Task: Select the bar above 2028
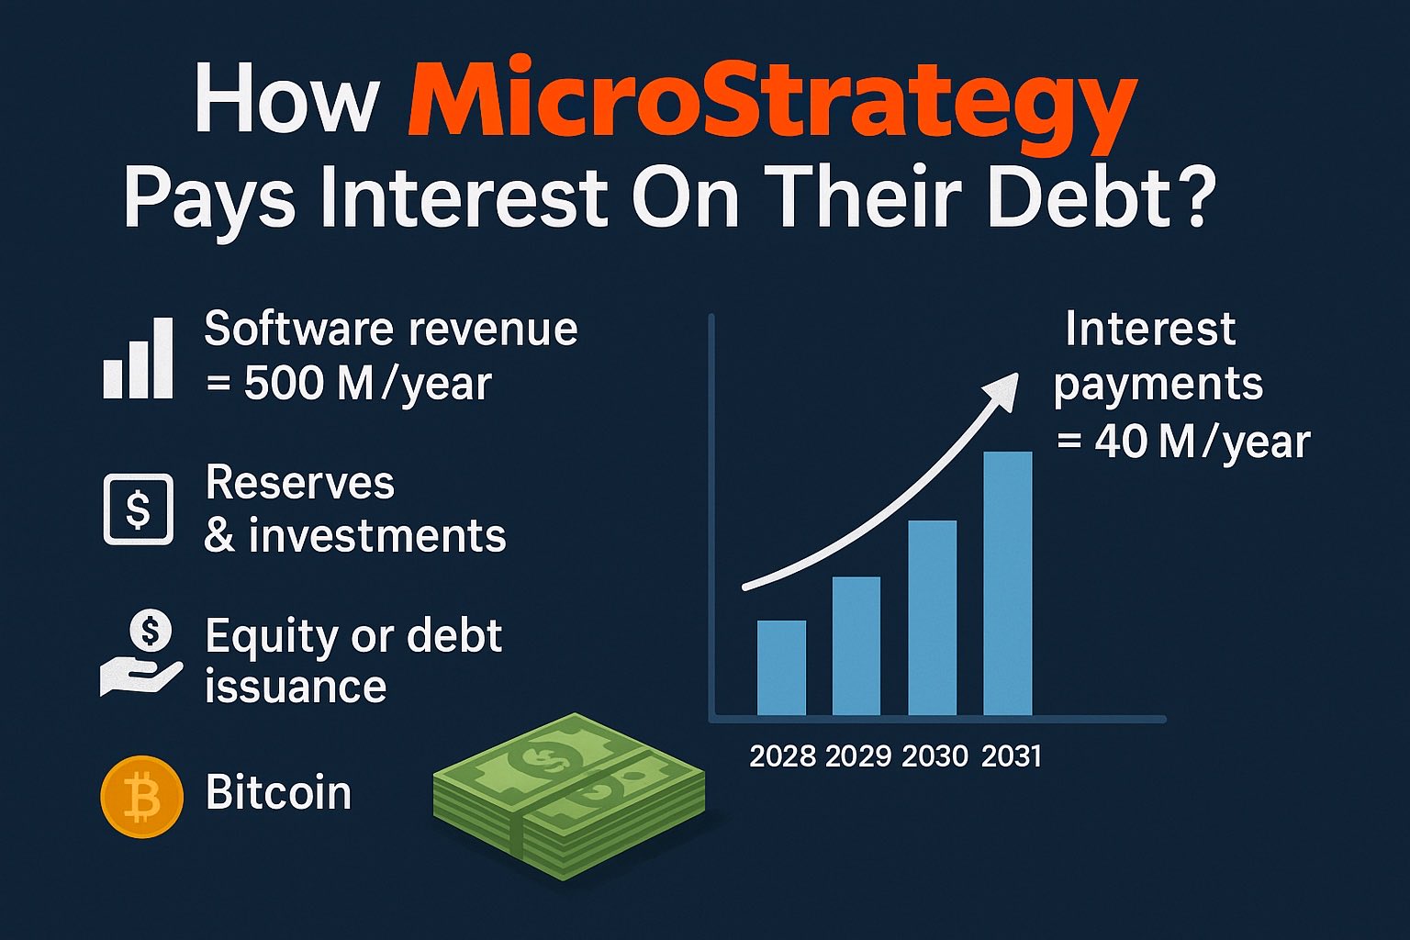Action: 781,667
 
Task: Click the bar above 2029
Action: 856,645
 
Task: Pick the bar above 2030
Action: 932,617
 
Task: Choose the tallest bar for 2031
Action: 1007,583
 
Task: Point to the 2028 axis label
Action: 782,756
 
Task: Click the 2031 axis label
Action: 1011,756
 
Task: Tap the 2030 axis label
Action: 934,756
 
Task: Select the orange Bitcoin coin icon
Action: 141,796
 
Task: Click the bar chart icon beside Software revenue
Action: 138,359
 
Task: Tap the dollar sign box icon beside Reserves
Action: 138,509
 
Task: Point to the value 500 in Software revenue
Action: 284,384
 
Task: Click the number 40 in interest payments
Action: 1121,442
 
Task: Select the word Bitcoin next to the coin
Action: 278,793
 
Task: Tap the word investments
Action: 376,536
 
